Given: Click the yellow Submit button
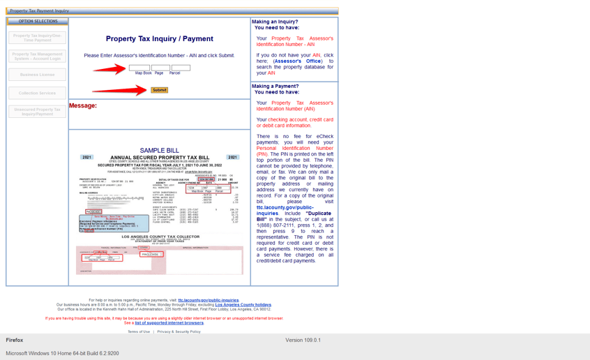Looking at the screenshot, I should point(159,90).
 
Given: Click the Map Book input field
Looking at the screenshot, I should point(139,68).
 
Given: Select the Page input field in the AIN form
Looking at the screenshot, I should point(160,68).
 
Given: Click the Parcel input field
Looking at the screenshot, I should point(181,68).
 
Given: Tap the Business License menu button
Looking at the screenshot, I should point(38,74).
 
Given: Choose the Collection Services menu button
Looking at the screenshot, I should point(38,93).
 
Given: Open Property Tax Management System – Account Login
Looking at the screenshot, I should point(38,56).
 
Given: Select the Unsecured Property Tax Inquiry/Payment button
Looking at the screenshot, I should point(38,112).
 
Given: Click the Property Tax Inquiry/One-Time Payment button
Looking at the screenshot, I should point(38,38).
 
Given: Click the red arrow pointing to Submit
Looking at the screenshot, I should point(119,90).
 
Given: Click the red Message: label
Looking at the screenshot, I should point(83,106).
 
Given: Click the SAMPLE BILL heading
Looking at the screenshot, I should point(160,150).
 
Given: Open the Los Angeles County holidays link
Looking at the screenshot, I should point(243,305).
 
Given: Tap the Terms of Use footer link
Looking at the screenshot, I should point(138,331).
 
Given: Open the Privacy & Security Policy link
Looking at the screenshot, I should point(179,331).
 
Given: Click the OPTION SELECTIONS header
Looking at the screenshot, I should point(38,21).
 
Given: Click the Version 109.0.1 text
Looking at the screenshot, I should point(303,340).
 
